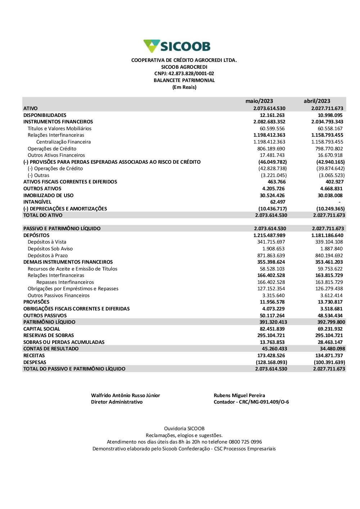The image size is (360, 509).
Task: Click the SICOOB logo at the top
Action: click(x=177, y=46)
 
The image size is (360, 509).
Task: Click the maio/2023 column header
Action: click(x=259, y=101)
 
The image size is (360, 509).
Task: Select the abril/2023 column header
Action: click(x=317, y=101)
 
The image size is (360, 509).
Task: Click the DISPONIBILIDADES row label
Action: click(x=45, y=115)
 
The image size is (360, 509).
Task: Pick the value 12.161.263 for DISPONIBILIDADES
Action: click(x=272, y=115)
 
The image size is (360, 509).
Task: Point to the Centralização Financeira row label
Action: click(x=63, y=142)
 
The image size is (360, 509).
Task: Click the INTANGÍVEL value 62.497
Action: click(x=278, y=202)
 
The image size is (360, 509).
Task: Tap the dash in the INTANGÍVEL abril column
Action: click(x=339, y=202)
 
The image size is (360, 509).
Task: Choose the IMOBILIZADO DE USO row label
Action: click(x=48, y=195)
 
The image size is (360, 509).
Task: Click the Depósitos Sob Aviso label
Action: click(x=50, y=249)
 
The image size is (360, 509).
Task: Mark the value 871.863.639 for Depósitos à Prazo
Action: click(x=271, y=255)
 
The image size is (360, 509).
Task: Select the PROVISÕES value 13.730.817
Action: click(x=330, y=302)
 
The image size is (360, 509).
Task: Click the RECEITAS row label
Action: click(x=34, y=355)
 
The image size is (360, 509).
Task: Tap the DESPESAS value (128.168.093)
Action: click(x=271, y=362)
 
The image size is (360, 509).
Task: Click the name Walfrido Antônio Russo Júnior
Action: click(x=125, y=395)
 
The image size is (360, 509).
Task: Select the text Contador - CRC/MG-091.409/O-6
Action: click(x=251, y=402)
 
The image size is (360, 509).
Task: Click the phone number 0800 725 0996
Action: click(x=246, y=442)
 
